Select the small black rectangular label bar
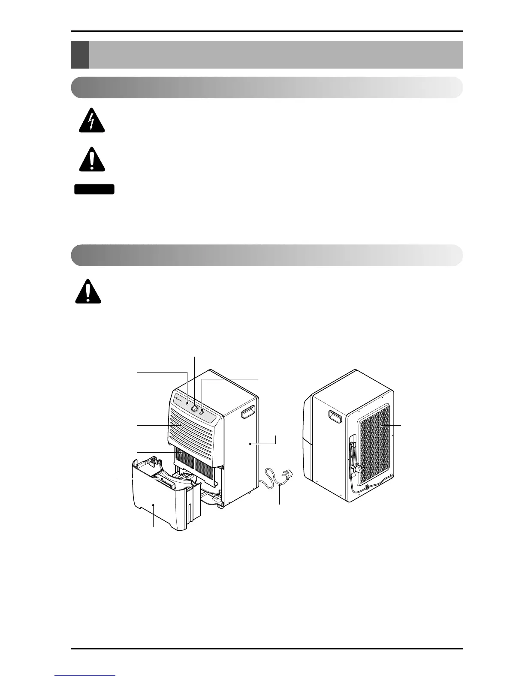tap(94, 189)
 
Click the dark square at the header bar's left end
tap(80, 54)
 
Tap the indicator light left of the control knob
tap(188, 403)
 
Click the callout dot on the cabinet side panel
tap(250, 445)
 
